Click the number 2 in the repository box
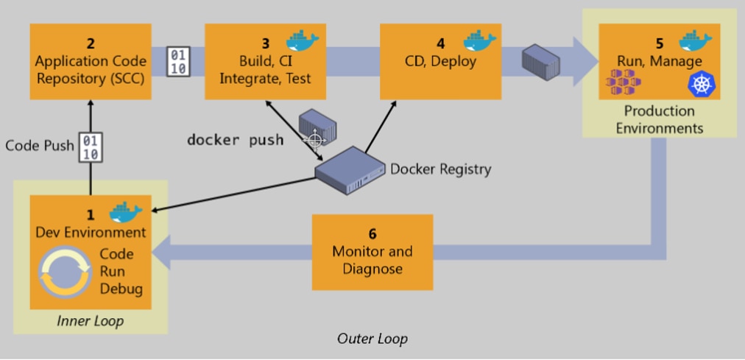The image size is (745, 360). (91, 43)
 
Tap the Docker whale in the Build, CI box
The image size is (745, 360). (302, 40)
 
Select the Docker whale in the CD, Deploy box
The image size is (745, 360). (479, 40)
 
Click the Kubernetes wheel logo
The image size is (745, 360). (702, 85)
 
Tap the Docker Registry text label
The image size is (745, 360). (441, 169)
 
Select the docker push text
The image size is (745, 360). (235, 140)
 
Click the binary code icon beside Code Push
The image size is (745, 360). (91, 147)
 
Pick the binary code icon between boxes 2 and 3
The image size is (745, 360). (178, 61)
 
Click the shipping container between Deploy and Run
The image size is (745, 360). (540, 61)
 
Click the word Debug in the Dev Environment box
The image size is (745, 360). (121, 289)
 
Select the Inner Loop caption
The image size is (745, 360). (91, 321)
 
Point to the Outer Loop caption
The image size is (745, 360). (372, 339)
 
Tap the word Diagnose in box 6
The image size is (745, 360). (372, 269)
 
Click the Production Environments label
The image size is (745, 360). (659, 120)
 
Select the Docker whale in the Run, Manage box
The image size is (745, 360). (696, 40)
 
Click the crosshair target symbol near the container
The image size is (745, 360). (314, 139)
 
